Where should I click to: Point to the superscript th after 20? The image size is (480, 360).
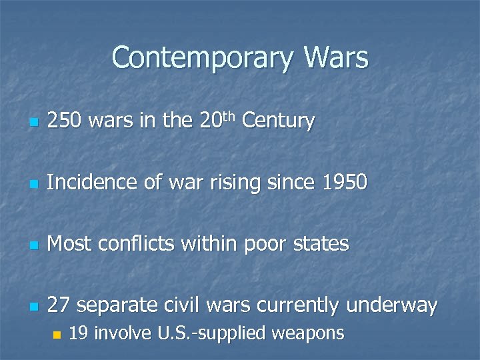pos(229,116)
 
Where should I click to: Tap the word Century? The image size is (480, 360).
pos(278,121)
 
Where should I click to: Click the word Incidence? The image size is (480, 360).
pos(90,183)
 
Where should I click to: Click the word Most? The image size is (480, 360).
pos(69,244)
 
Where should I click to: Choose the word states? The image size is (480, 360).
pos(321,244)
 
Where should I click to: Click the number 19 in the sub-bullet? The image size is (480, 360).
pos(79,333)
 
